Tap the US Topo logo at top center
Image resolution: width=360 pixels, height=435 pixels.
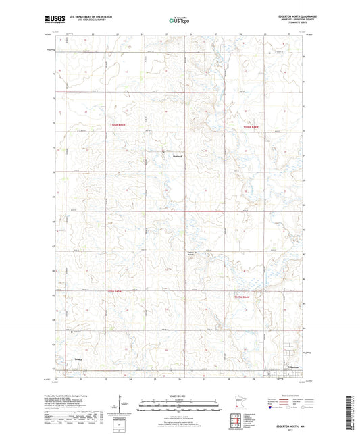(179, 21)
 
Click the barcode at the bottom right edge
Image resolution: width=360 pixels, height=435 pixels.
(350, 413)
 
